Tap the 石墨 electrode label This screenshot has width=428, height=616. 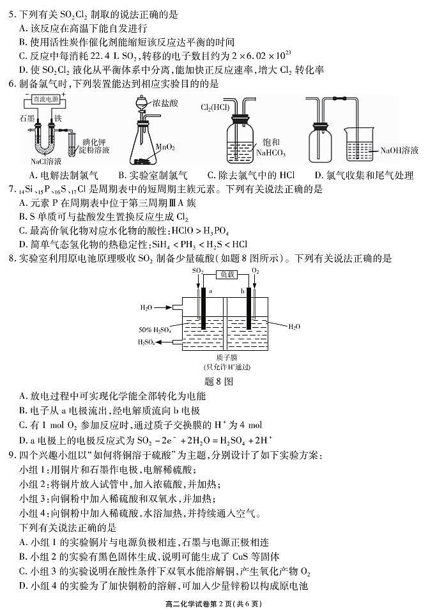click(x=27, y=118)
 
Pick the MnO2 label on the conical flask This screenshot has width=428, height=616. click(x=165, y=148)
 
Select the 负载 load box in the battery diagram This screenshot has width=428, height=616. click(x=227, y=274)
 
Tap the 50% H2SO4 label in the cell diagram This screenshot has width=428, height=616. click(x=155, y=330)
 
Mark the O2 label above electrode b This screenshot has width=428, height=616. click(x=256, y=271)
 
